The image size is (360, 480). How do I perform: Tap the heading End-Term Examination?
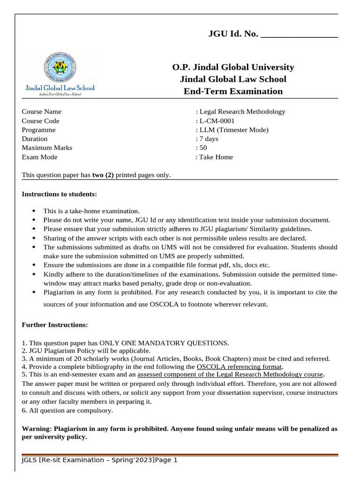[233, 91]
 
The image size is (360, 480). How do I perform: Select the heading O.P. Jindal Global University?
[233, 67]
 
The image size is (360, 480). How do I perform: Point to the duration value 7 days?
[209, 139]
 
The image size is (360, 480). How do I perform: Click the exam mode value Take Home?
[216, 157]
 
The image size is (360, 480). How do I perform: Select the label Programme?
[38, 130]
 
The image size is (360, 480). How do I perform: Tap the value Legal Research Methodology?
[242, 112]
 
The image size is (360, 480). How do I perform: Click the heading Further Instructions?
[54, 325]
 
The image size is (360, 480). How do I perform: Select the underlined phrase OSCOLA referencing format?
[239, 367]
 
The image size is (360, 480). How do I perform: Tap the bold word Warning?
[37, 429]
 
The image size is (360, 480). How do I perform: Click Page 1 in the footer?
[166, 460]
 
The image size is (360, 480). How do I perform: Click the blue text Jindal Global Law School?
[60, 88]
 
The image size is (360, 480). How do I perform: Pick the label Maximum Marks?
[47, 148]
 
